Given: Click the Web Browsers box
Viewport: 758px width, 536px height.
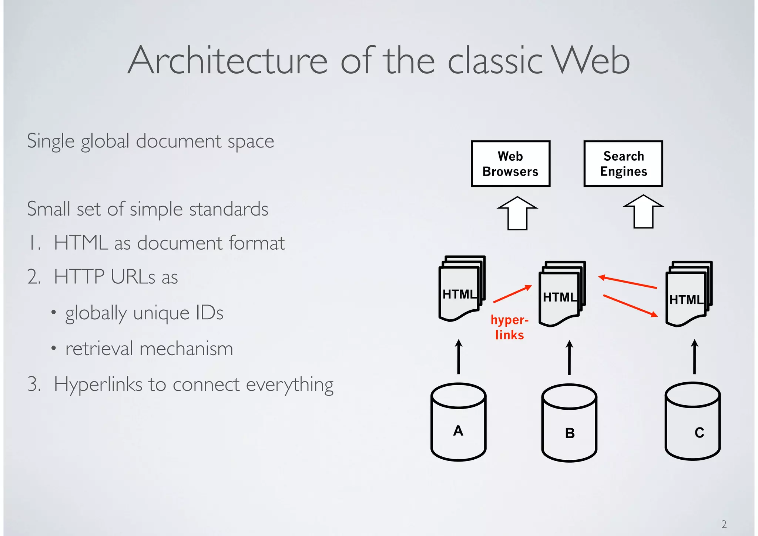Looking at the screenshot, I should click(x=510, y=164).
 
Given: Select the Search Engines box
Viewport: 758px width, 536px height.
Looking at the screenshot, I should click(x=623, y=164).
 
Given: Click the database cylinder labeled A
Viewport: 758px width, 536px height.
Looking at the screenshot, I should click(x=458, y=422).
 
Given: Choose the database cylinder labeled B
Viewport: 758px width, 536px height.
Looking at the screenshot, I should click(x=569, y=423).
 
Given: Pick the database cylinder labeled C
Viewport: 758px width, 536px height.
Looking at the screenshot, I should click(x=692, y=422).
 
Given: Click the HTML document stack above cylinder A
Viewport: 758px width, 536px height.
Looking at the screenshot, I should click(x=461, y=289).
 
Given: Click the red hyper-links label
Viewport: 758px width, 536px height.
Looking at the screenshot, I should click(x=509, y=327).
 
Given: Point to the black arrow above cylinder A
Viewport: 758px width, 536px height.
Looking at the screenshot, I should click(x=459, y=357).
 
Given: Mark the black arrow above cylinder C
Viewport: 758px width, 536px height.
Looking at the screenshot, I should click(x=694, y=357).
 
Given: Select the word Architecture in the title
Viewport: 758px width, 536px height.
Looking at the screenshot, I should click(x=227, y=60).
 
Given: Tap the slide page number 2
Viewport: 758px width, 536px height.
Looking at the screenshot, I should click(x=724, y=524).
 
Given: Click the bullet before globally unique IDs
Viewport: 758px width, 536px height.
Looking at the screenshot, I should click(x=54, y=313).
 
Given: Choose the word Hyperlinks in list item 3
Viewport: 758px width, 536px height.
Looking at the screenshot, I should click(x=98, y=384).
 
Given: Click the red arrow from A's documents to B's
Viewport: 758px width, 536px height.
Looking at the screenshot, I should click(x=512, y=294).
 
